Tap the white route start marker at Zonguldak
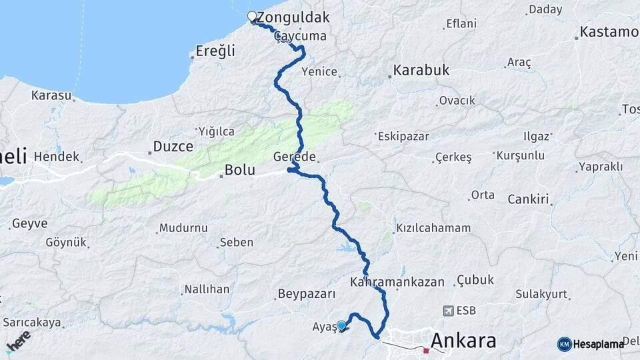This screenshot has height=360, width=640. (x=252, y=17)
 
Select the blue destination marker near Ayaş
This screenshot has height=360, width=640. (x=342, y=325)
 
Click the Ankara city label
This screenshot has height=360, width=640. (x=463, y=341)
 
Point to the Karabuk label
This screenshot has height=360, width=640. (x=421, y=70)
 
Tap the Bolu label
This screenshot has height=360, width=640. (x=239, y=170)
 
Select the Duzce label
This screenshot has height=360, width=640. (x=173, y=146)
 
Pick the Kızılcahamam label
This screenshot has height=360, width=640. (x=433, y=228)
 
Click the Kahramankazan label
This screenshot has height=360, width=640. (x=397, y=282)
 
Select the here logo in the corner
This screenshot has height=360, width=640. (x=18, y=341)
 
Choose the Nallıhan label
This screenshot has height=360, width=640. (x=207, y=289)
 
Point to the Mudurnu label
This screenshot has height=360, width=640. (x=183, y=228)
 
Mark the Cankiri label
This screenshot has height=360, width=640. (x=528, y=199)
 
